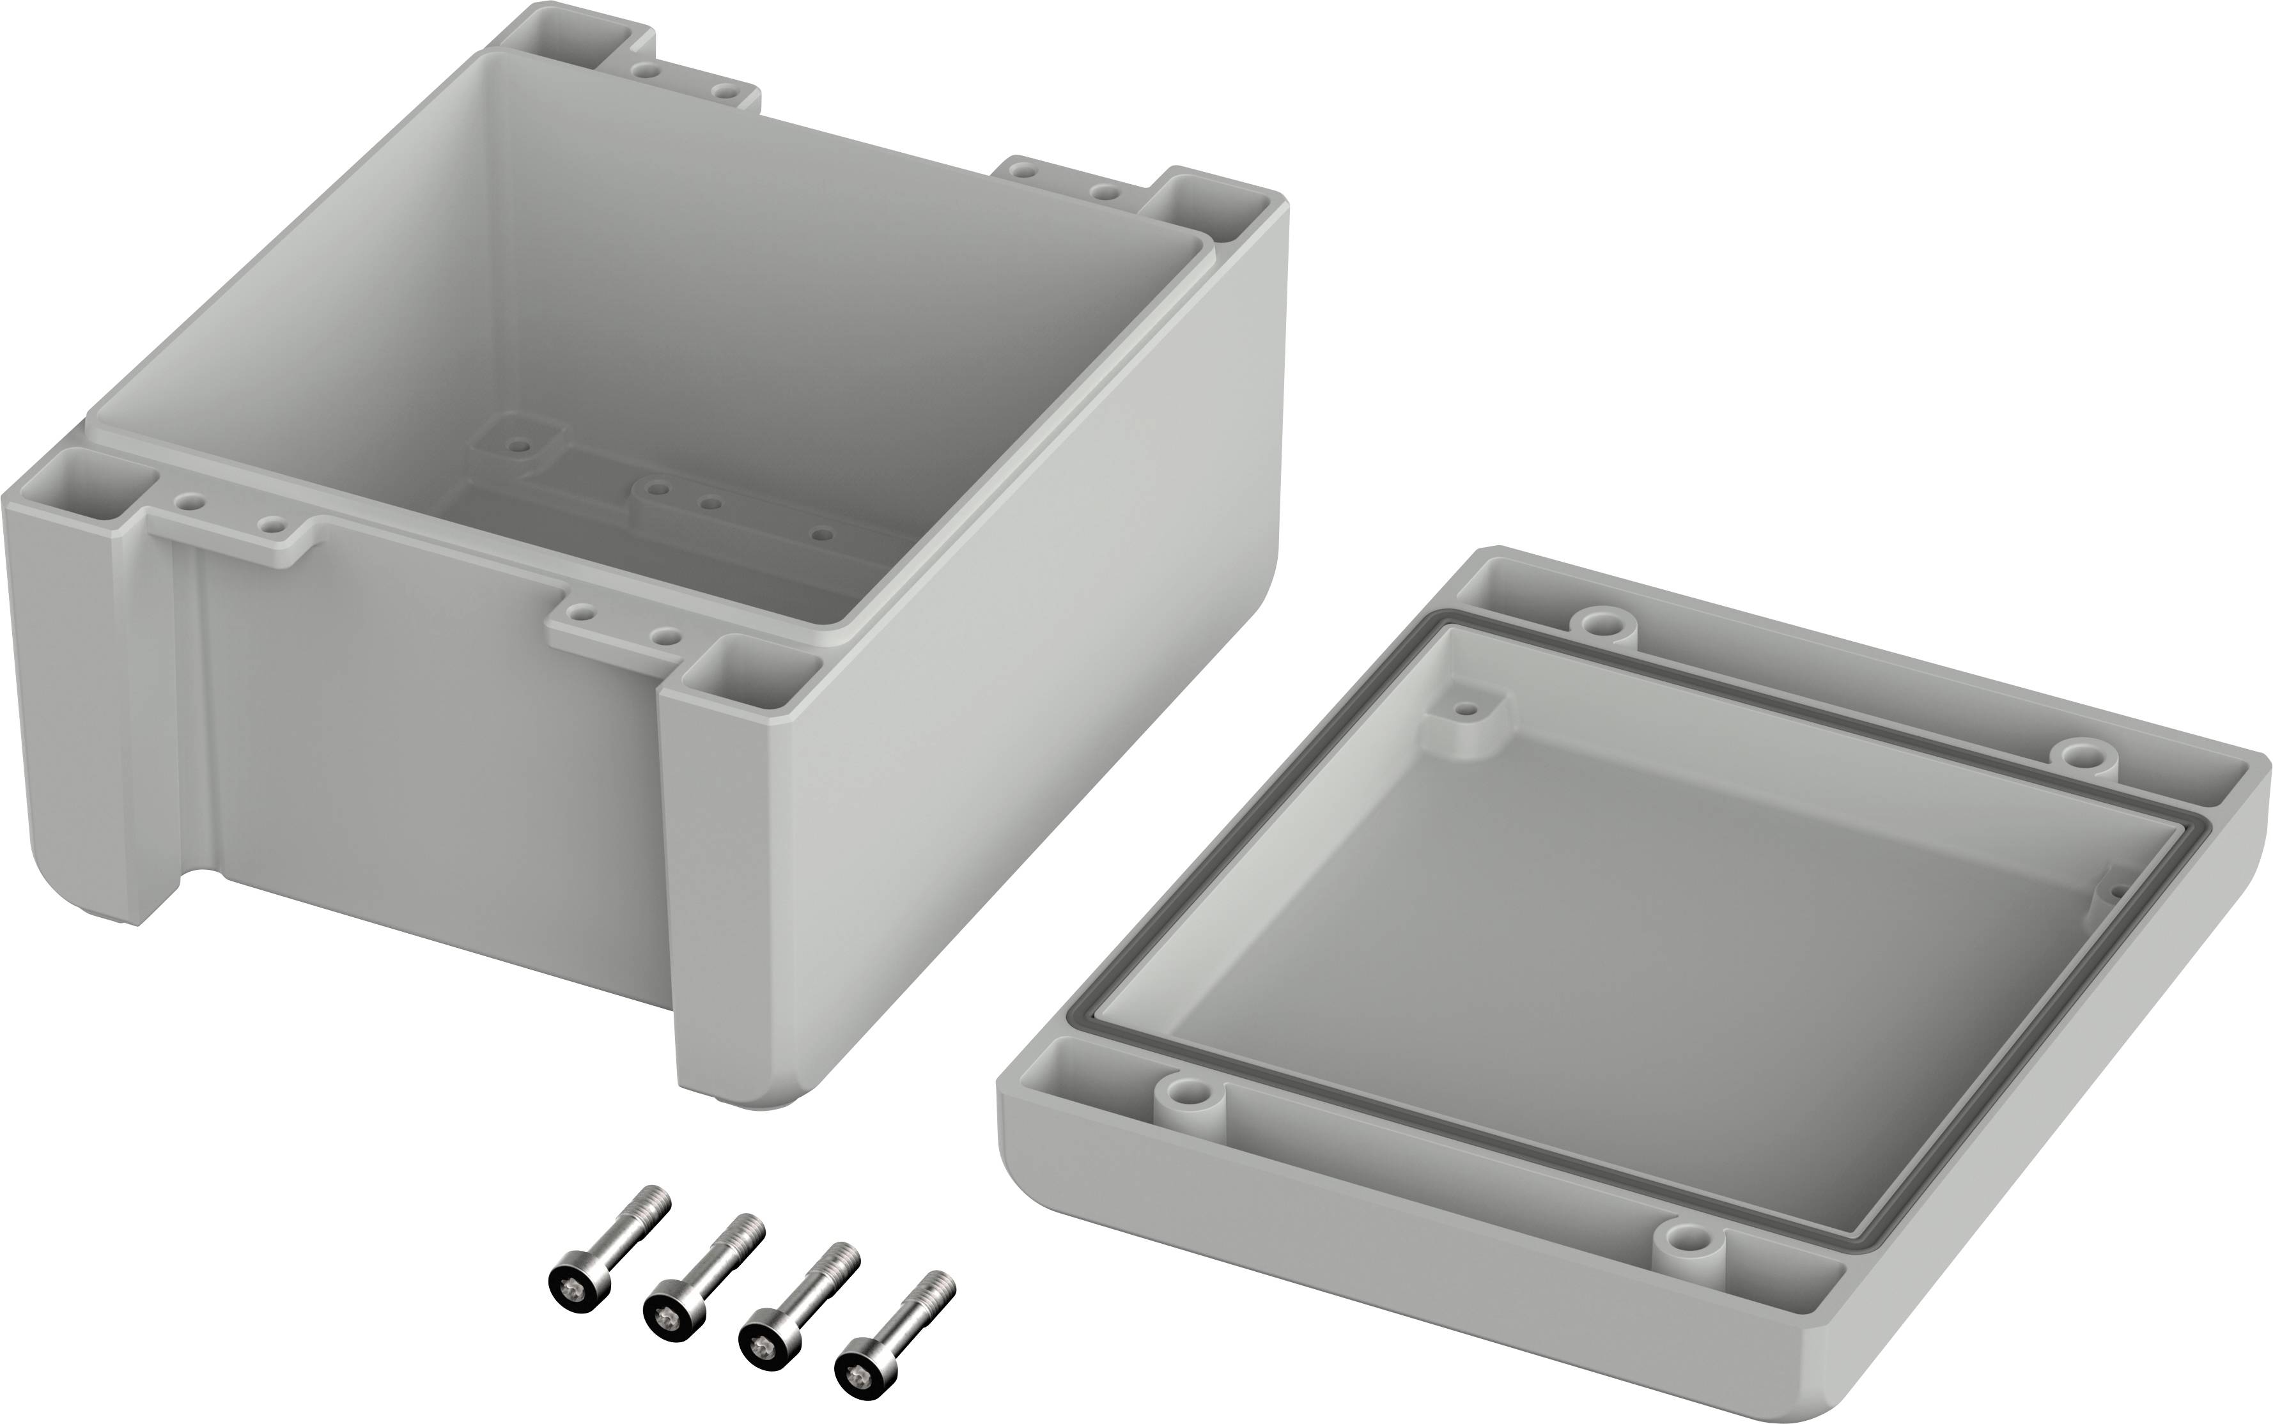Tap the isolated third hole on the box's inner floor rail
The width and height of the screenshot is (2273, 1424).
pos(822,535)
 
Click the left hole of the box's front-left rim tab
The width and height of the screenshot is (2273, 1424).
pos(191,502)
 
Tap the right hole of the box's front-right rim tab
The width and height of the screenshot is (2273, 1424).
pos(667,637)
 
